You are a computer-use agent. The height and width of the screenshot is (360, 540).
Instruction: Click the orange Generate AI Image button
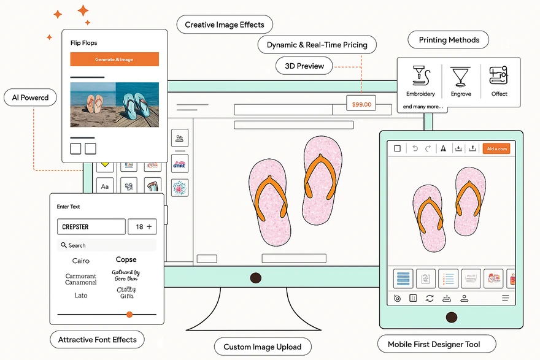tap(114, 59)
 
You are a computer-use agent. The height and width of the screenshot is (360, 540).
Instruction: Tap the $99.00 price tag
tap(361, 104)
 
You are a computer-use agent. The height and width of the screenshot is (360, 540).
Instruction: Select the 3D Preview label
tap(304, 66)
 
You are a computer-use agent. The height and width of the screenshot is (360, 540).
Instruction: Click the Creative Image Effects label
tap(225, 25)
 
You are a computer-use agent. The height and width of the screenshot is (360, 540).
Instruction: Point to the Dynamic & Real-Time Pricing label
tap(317, 45)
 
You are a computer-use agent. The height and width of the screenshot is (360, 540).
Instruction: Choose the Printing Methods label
tap(449, 40)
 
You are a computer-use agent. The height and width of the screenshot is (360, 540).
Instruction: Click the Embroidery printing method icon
tap(421, 76)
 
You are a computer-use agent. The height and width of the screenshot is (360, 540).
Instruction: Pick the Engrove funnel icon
tap(460, 77)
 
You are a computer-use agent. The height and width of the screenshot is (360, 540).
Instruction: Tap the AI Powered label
tap(30, 98)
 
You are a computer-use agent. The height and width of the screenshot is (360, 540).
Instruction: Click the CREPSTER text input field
tap(91, 227)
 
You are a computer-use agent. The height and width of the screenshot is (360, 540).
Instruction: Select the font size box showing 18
tap(143, 227)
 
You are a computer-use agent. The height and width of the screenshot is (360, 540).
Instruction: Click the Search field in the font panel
tap(107, 245)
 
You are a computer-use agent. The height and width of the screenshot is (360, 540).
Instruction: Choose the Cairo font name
tap(81, 261)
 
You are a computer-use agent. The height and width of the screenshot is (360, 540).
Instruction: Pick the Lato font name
tap(81, 296)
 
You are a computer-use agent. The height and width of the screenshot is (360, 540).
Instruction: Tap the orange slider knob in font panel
tap(129, 314)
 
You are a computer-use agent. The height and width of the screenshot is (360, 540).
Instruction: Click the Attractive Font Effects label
tap(97, 340)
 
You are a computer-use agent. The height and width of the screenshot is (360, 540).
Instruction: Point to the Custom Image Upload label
tap(262, 347)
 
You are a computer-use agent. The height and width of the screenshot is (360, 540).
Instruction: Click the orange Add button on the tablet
tap(496, 149)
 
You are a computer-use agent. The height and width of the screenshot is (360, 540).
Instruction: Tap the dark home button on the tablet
tap(451, 317)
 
